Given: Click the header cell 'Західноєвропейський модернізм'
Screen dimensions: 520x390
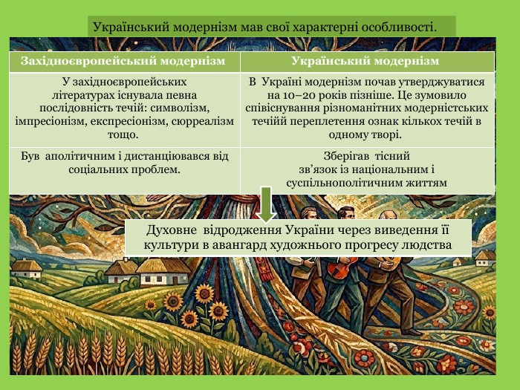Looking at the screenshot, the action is [123, 62].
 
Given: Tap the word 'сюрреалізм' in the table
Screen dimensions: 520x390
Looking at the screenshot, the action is [203, 122].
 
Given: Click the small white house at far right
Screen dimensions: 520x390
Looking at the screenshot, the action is [485, 258].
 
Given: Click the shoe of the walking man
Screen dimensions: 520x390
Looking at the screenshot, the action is [412, 331].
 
